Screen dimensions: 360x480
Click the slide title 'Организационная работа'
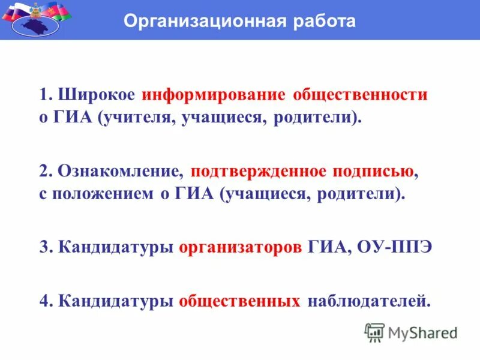click(x=239, y=22)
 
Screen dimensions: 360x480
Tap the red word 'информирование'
click(x=214, y=95)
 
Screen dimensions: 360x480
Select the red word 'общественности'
click(x=360, y=95)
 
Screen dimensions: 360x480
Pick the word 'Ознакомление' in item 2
click(x=121, y=172)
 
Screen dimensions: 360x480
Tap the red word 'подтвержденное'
click(x=259, y=172)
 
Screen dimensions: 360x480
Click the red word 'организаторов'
click(x=240, y=248)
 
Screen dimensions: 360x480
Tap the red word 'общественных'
click(x=239, y=301)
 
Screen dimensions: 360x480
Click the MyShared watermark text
click(x=422, y=332)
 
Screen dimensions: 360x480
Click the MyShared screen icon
click(x=374, y=332)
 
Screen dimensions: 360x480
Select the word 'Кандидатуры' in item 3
click(x=116, y=248)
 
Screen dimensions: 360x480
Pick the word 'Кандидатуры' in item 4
click(x=116, y=301)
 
